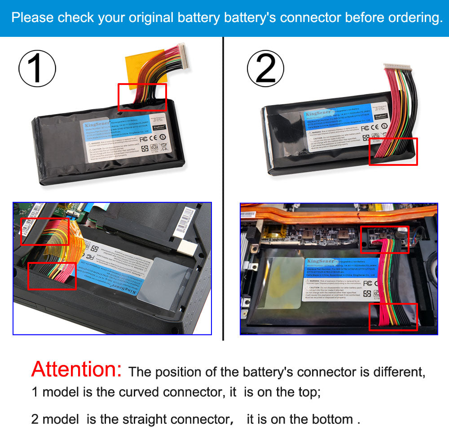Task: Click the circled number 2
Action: tap(266, 69)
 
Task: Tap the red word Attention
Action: tap(76, 369)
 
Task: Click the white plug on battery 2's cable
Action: tap(397, 67)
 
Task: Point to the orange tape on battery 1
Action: tap(135, 67)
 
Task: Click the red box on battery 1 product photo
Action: tap(142, 97)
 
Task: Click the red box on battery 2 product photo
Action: tap(393, 151)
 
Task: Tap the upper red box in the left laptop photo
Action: tap(45, 231)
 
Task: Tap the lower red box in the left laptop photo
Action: tap(52, 276)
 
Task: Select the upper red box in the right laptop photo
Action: tap(384, 239)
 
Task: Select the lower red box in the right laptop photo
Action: tap(393, 317)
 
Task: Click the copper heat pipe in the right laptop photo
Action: tap(314, 215)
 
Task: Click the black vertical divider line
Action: tap(223, 189)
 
